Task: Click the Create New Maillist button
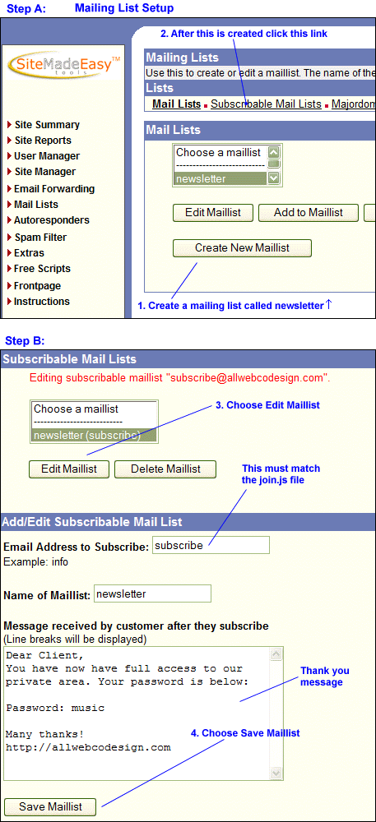[x=242, y=248]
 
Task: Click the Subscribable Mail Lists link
[x=266, y=104]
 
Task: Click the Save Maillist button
[x=50, y=807]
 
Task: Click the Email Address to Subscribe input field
[x=211, y=545]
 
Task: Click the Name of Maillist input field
[x=152, y=594]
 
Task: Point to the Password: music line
[x=55, y=709]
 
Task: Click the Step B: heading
[x=25, y=341]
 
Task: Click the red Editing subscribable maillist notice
[x=180, y=378]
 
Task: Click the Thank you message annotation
[x=325, y=677]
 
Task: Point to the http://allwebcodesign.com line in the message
[x=88, y=747]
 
